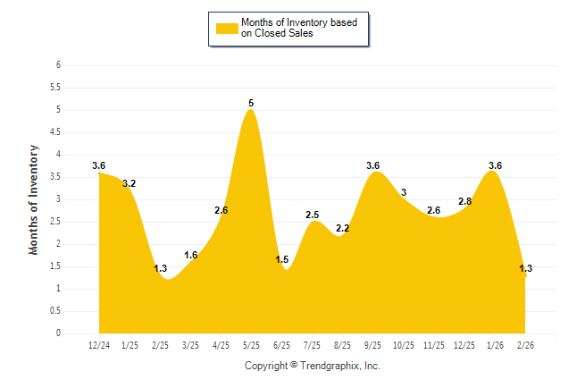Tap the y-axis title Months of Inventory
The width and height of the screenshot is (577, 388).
point(34,199)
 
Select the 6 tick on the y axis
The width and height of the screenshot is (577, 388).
point(57,65)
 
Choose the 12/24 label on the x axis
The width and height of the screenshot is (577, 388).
point(99,344)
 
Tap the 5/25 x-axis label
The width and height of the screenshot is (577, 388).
point(251,344)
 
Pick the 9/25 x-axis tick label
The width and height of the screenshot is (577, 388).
point(372,344)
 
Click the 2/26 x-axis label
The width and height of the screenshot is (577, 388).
point(525,344)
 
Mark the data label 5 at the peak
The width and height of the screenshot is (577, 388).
point(251,104)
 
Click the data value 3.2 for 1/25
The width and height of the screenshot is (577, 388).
point(129,183)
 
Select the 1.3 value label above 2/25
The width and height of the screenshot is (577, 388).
point(160,268)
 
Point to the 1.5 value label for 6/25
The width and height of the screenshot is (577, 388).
point(281,260)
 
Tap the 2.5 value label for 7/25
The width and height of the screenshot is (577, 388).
point(312,215)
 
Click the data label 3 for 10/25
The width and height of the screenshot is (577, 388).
point(404,192)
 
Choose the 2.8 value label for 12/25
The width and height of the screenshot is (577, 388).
point(464,202)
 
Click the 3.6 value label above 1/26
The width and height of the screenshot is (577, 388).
point(495,165)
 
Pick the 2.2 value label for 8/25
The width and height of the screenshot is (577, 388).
point(342,229)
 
